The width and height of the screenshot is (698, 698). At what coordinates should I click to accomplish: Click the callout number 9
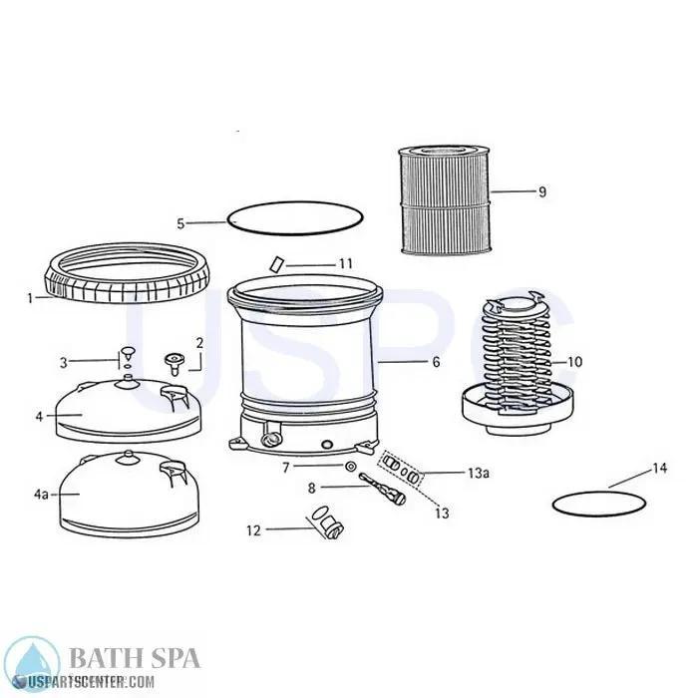[542, 192]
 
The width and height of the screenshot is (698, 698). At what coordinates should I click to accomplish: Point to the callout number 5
[180, 224]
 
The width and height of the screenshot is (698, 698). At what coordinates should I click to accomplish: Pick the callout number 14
[659, 467]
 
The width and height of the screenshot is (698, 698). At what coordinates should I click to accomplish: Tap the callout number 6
[436, 363]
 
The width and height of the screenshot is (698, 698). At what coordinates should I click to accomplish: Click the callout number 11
[345, 263]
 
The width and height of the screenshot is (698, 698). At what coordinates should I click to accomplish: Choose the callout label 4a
[41, 495]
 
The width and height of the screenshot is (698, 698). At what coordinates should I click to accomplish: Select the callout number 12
[253, 530]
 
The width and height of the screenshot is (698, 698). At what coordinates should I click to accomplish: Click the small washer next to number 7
[349, 467]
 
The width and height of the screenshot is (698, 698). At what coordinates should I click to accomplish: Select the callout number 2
[199, 343]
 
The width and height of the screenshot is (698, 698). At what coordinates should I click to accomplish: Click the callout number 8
[311, 488]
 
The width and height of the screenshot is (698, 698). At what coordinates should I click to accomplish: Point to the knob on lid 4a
[128, 458]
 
